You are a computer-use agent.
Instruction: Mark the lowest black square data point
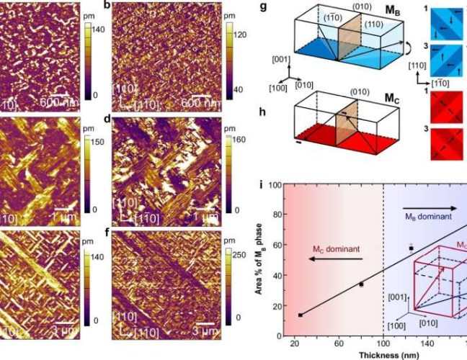click(299, 315)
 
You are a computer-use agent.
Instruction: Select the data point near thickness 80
click(361, 284)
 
